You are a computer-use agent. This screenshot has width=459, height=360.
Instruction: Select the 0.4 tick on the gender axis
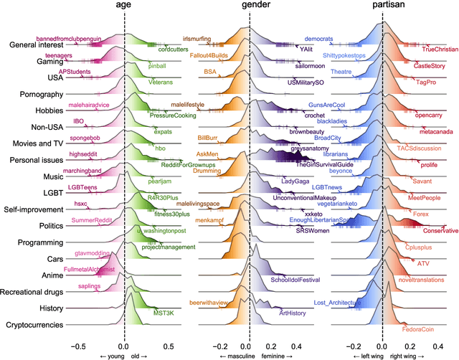point(295,336)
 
